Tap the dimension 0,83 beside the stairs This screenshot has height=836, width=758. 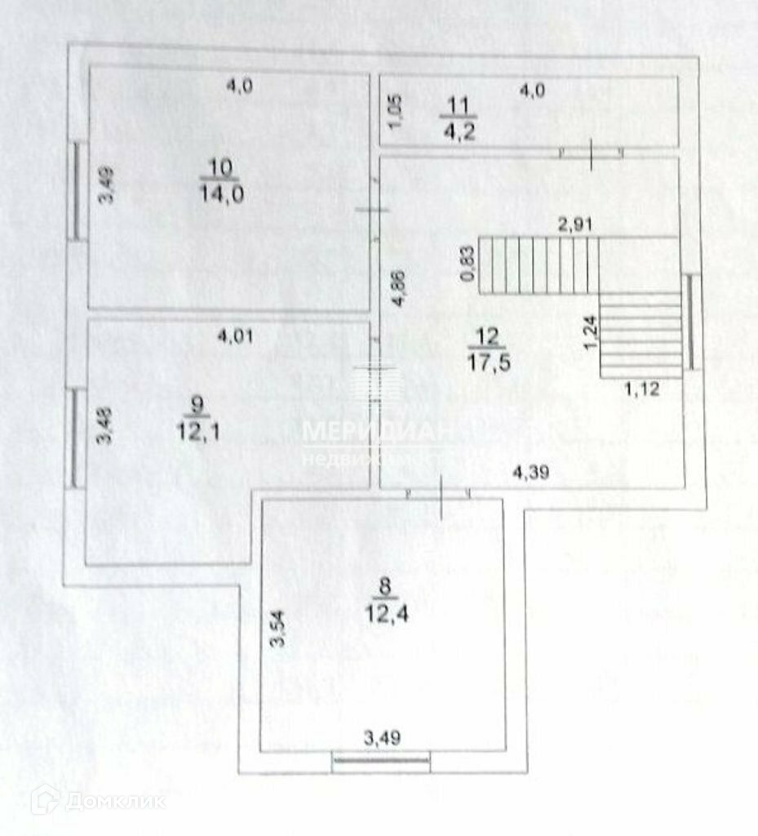(467, 264)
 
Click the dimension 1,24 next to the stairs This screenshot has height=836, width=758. (589, 334)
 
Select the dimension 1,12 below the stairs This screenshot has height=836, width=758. (641, 389)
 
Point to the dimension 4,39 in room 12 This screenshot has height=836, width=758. (529, 470)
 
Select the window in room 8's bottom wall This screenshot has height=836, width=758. (381, 763)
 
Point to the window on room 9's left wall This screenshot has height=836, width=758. (74, 438)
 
